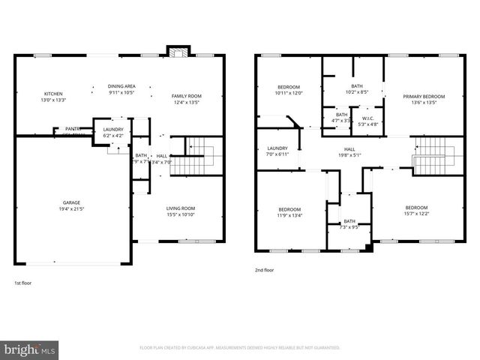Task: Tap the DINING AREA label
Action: (x=121, y=86)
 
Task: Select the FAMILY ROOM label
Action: (x=187, y=96)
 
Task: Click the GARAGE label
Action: (x=72, y=202)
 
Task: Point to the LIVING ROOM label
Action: (x=181, y=208)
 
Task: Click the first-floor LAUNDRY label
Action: (x=112, y=130)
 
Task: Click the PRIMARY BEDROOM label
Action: (x=424, y=96)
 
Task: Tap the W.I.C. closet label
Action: (x=367, y=118)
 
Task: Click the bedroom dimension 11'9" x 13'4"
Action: (x=289, y=215)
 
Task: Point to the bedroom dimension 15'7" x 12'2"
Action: (x=417, y=214)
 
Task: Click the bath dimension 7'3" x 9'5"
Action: (x=349, y=226)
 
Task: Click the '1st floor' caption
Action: (x=23, y=283)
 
